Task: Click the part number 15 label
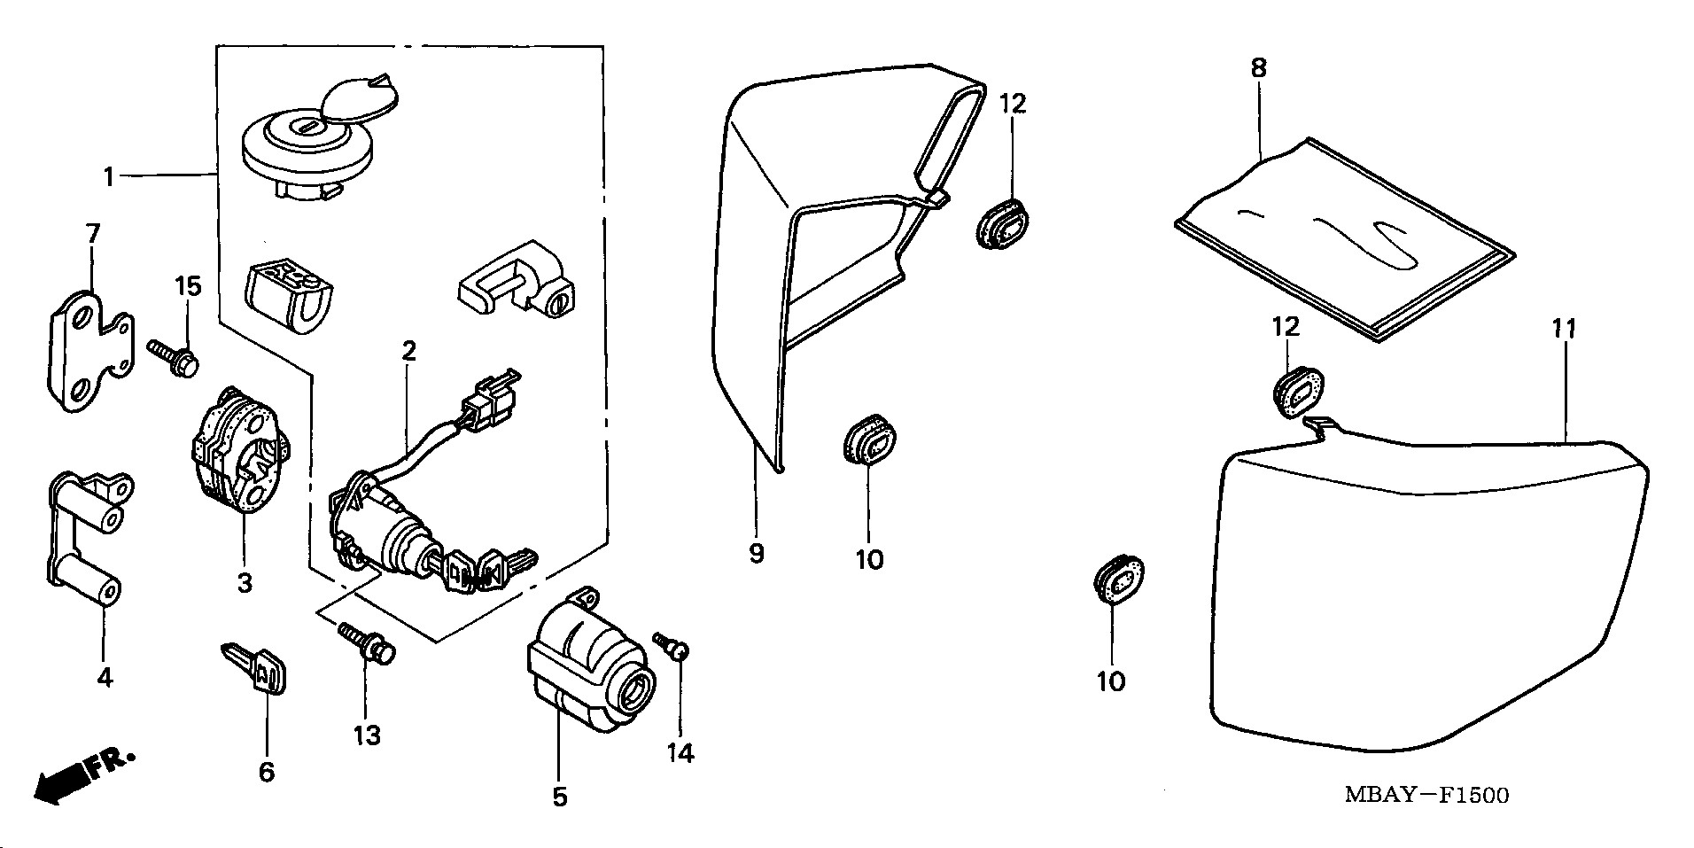(188, 286)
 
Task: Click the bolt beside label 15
(174, 355)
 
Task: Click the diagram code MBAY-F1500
(1426, 795)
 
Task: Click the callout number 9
(756, 554)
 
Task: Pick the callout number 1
(108, 177)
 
